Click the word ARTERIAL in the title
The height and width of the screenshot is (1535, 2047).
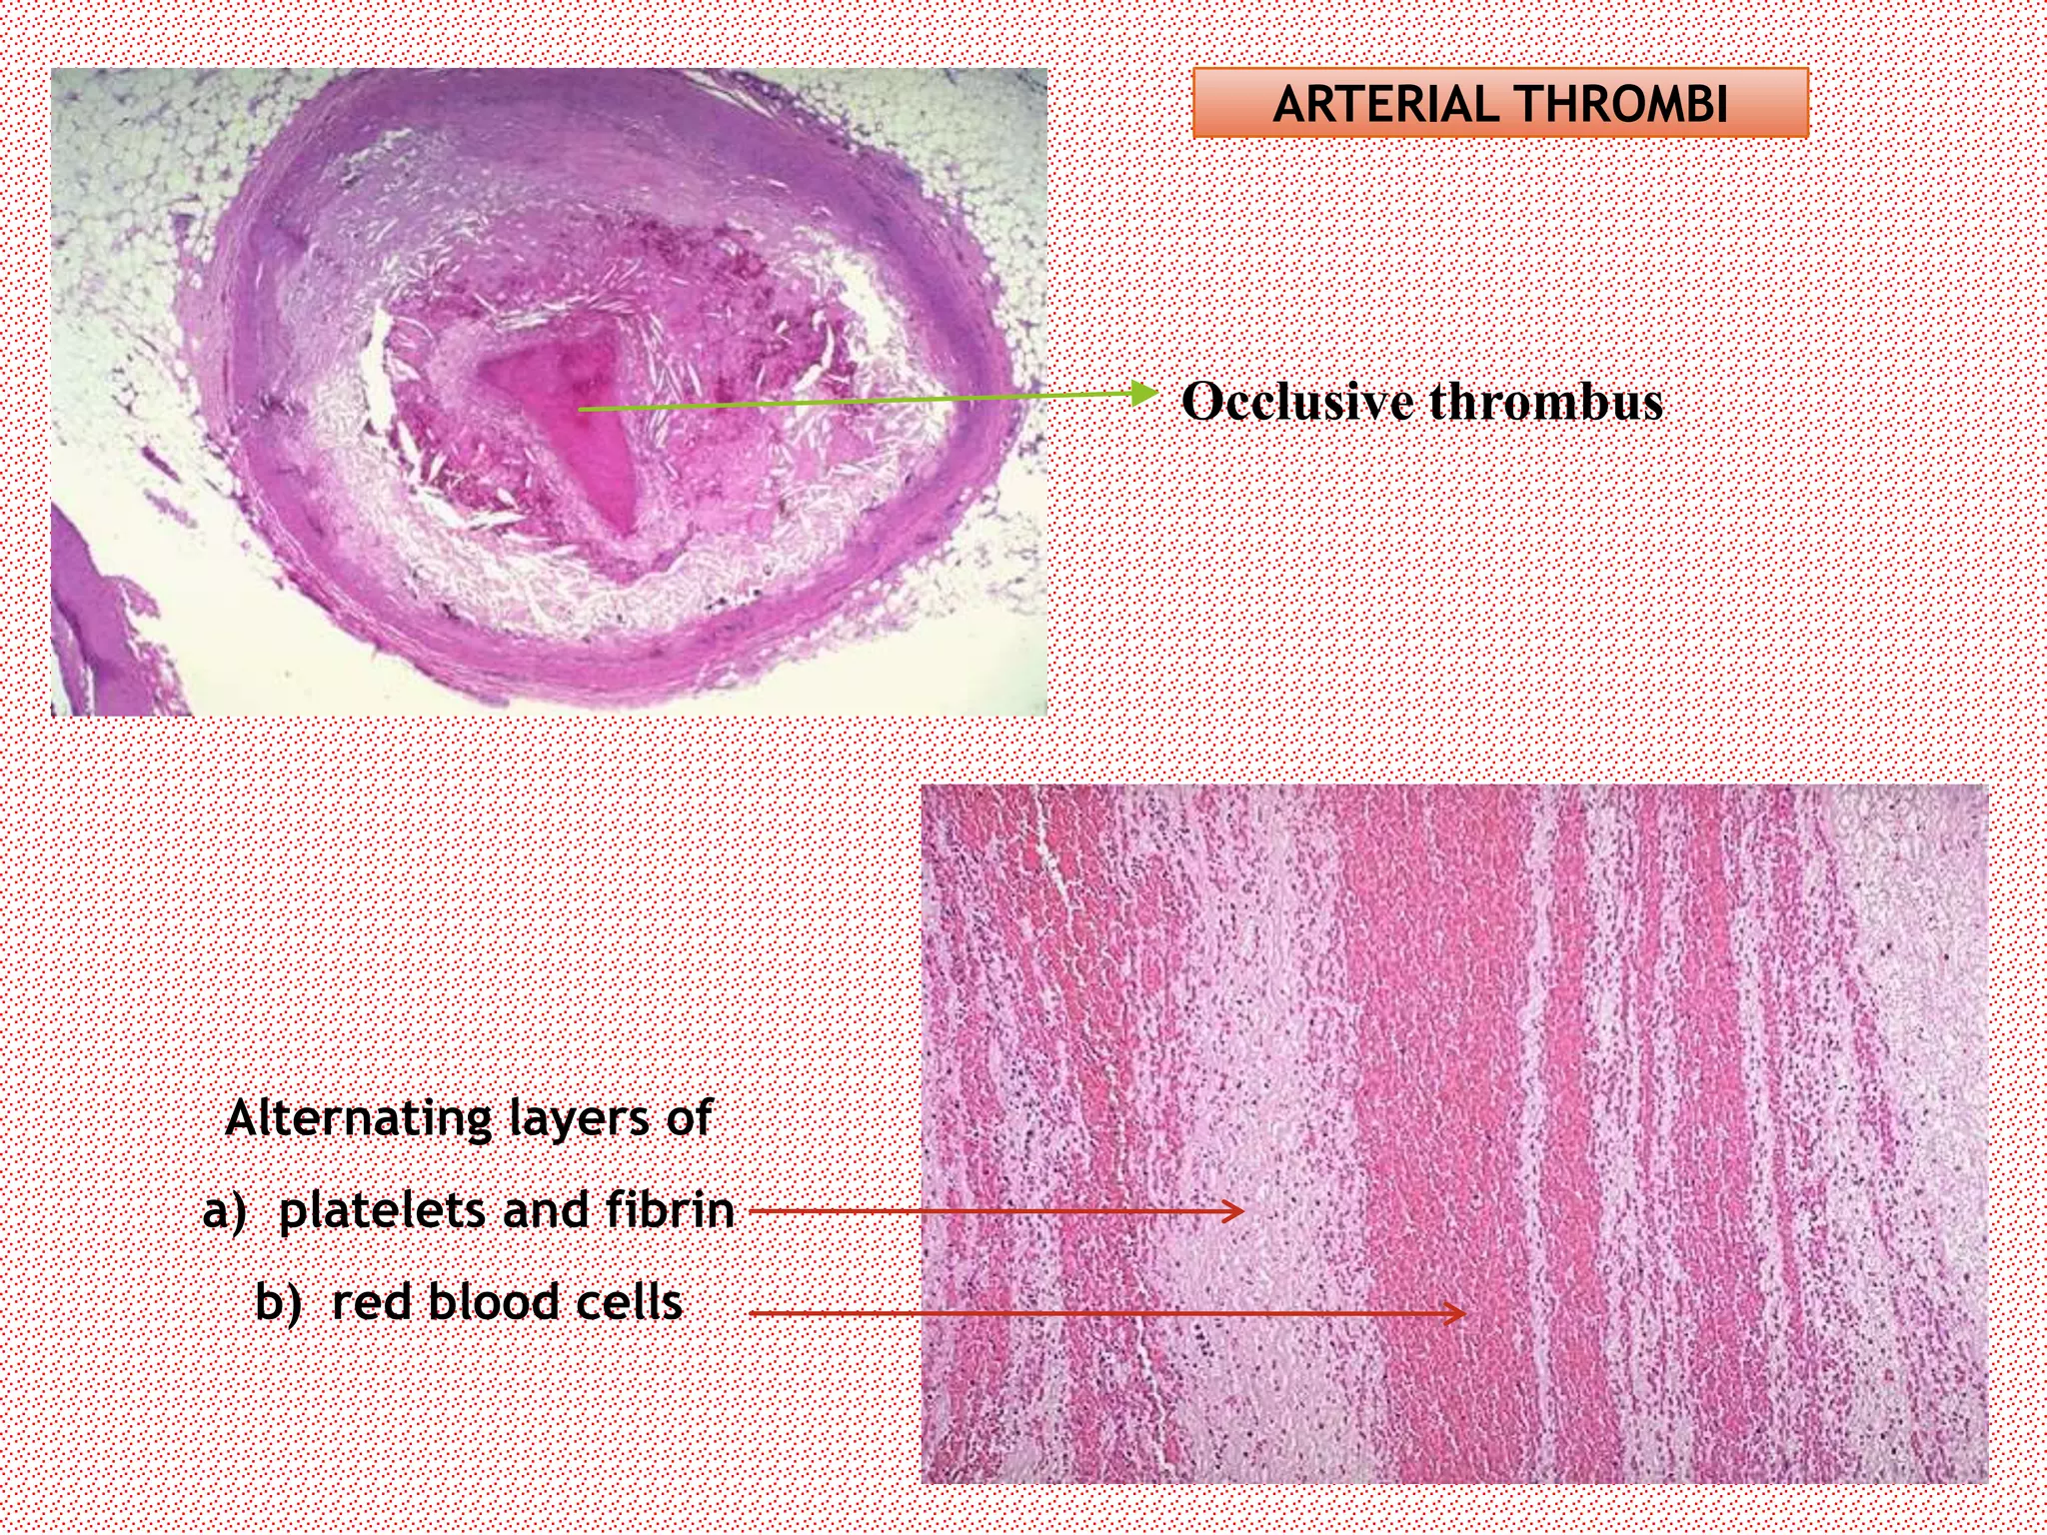(1385, 104)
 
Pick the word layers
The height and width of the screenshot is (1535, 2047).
(580, 1118)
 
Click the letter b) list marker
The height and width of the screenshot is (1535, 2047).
(277, 1303)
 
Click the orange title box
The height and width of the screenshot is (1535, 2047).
(1499, 103)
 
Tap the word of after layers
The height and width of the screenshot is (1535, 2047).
(689, 1118)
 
